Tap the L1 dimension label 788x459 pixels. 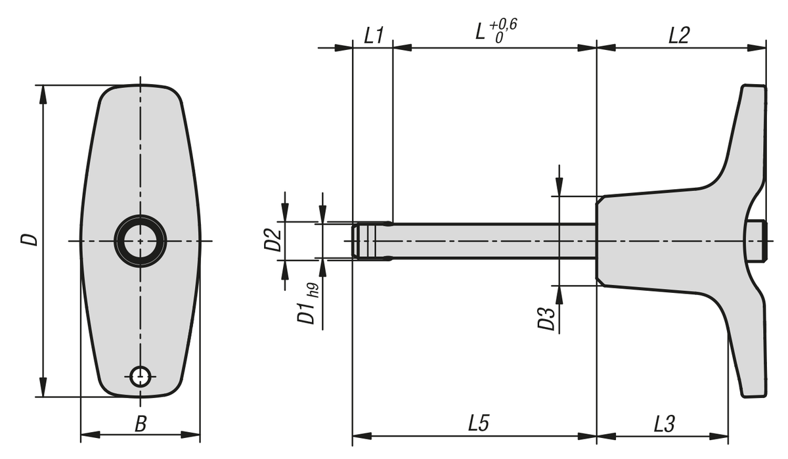[374, 35]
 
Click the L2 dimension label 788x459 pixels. [679, 35]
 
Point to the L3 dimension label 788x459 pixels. [665, 424]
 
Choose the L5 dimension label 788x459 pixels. [479, 423]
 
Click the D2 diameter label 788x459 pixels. [273, 240]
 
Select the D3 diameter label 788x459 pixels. [546, 318]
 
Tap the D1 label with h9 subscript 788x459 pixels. [309, 303]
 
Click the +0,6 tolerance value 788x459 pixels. [503, 25]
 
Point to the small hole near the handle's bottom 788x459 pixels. [141, 377]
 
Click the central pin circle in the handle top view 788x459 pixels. [141, 241]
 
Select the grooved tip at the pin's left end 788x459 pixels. [364, 241]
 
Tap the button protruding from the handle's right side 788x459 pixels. [756, 241]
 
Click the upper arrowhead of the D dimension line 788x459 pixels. [43, 95]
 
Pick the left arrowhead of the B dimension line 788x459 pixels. [91, 435]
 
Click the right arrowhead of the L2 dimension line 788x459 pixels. [756, 47]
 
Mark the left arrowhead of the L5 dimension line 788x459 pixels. [362, 436]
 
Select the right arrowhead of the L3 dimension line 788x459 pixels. [718, 437]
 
